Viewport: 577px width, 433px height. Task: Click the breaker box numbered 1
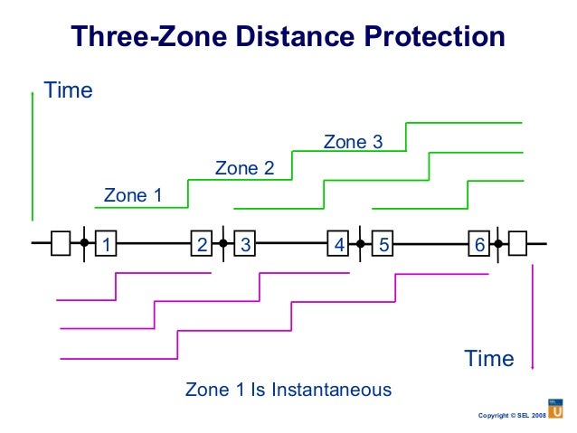tap(107, 243)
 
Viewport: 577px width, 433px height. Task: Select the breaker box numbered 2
tap(202, 243)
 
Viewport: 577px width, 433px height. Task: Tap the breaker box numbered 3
tap(245, 243)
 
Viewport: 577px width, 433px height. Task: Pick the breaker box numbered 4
tap(339, 243)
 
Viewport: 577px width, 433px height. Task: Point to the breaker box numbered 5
tap(383, 243)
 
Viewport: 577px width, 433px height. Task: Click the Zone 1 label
tap(133, 194)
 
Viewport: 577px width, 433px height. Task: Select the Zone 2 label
tap(243, 168)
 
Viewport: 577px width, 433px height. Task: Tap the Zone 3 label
tap(353, 142)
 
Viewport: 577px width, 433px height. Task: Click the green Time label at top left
tap(69, 91)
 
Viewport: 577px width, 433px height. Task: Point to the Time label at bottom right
tap(489, 359)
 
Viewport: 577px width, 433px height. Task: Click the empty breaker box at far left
tap(61, 243)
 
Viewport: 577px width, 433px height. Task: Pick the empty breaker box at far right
tap(518, 243)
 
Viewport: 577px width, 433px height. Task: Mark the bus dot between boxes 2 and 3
tap(222, 243)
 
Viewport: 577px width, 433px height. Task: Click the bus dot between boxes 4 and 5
tap(361, 243)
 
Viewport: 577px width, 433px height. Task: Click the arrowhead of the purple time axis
tap(533, 364)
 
